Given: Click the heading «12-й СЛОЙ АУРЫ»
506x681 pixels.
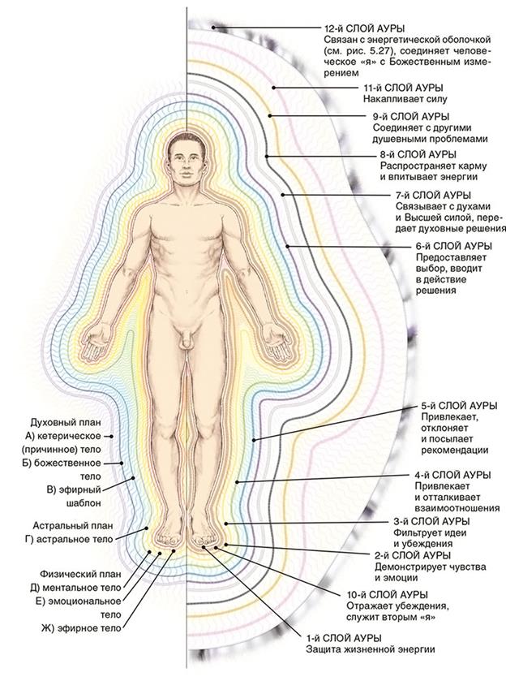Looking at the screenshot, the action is pos(364,28).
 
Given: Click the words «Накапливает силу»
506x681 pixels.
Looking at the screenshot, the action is pos(405,99).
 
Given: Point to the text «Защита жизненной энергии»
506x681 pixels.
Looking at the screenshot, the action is pos(371,650).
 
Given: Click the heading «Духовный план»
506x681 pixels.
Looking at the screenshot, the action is pos(66,422).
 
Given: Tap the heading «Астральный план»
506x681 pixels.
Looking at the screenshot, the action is pos(67,525).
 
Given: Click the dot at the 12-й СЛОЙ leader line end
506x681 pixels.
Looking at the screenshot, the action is pos(214,28).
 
